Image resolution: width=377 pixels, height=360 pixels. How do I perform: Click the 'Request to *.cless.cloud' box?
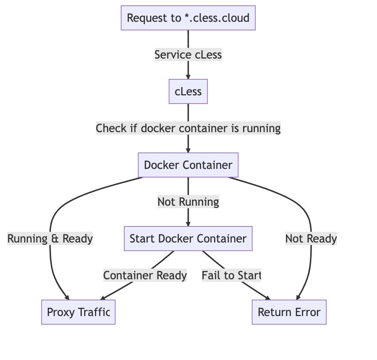pos(188,18)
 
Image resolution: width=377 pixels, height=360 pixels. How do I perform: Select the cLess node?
pos(188,91)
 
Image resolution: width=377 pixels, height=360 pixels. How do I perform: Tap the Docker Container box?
pos(188,165)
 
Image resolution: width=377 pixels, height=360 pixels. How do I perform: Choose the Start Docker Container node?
pos(188,239)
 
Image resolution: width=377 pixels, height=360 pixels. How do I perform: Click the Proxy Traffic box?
pos(79,312)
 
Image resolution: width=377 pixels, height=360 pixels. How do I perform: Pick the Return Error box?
pos(289,312)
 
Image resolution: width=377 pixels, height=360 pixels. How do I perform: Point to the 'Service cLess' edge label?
pos(188,55)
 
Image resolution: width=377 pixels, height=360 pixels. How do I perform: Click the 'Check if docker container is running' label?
pos(188,128)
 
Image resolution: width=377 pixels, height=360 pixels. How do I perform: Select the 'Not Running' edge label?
pos(188,202)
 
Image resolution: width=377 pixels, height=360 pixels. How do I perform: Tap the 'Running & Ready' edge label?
pos(50,239)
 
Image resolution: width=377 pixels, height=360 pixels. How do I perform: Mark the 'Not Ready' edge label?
pos(311,239)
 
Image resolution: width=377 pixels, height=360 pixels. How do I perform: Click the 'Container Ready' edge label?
pos(145,275)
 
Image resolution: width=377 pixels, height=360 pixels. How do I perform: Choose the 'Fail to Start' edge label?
pos(231,275)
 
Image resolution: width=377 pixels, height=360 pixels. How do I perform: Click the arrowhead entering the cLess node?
pos(188,76)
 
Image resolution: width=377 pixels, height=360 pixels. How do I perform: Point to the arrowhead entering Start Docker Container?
pos(188,224)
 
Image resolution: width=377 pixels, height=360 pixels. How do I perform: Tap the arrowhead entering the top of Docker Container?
pos(188,150)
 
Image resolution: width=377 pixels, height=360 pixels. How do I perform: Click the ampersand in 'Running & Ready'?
pos(55,239)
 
